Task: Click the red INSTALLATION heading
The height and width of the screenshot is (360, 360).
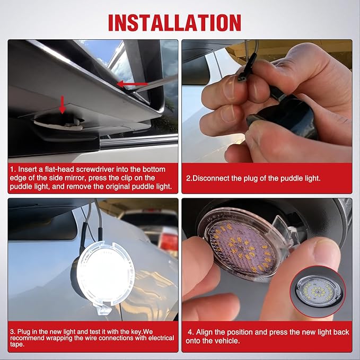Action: (174, 22)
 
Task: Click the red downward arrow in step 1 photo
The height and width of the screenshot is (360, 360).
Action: (63, 104)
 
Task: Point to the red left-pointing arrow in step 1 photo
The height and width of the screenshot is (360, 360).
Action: (132, 84)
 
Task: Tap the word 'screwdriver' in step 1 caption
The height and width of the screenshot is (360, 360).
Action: (95, 170)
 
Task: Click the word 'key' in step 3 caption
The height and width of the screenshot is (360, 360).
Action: (137, 332)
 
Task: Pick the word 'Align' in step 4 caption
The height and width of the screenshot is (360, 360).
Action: (204, 332)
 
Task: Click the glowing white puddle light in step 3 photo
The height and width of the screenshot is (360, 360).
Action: (105, 276)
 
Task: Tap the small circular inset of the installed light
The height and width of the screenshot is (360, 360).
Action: (318, 292)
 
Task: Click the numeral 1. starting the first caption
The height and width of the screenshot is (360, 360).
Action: (13, 170)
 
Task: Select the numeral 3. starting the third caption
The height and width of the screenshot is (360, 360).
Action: (13, 332)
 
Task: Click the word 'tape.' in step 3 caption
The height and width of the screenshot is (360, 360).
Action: (17, 345)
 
